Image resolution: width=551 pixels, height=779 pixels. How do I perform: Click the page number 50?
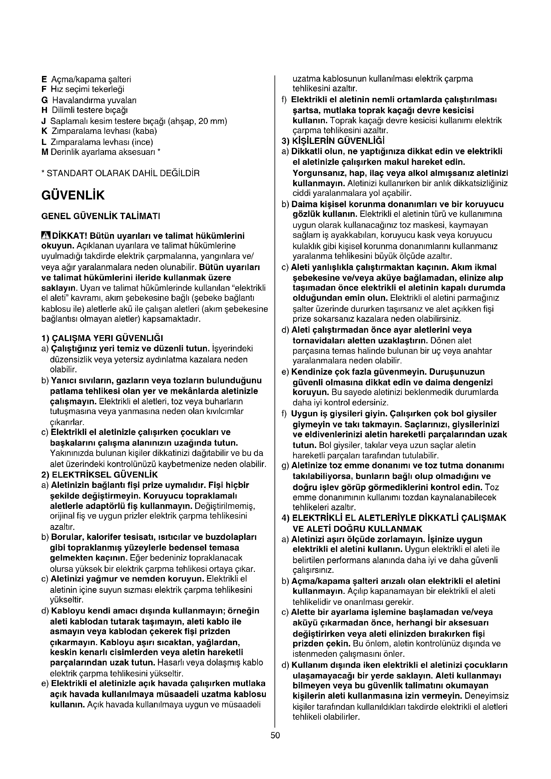(x=275, y=735)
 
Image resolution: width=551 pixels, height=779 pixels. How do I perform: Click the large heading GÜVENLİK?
(x=73, y=195)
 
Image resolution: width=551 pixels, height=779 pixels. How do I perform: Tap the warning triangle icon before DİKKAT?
(x=45, y=235)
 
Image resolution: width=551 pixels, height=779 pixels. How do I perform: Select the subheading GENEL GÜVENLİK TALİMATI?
(x=100, y=216)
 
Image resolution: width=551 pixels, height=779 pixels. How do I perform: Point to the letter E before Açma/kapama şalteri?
(x=44, y=79)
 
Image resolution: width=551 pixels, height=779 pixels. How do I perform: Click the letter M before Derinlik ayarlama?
(x=44, y=152)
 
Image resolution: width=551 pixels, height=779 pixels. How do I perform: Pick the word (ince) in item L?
(x=142, y=142)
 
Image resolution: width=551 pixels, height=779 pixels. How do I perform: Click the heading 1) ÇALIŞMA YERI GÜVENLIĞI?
(x=102, y=338)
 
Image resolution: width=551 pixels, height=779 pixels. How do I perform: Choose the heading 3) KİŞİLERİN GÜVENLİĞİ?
(x=333, y=141)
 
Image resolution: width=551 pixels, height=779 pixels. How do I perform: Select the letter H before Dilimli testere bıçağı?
(x=44, y=110)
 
